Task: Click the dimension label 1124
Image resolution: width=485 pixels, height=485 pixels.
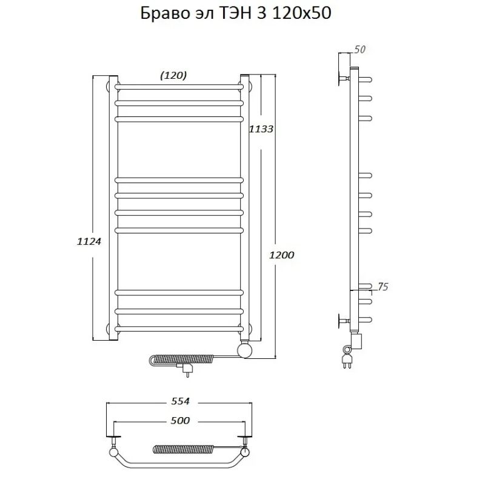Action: click(89, 241)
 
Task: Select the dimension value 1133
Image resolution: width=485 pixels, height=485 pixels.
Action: click(261, 129)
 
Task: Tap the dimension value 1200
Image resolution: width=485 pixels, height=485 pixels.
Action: click(282, 255)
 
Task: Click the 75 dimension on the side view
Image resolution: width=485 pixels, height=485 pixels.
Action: click(382, 287)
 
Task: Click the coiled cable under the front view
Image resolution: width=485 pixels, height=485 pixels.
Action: click(182, 359)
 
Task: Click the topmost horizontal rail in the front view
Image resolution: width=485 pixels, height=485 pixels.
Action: click(179, 87)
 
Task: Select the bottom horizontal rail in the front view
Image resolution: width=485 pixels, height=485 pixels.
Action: click(179, 329)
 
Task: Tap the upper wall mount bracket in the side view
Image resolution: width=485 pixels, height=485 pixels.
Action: click(339, 78)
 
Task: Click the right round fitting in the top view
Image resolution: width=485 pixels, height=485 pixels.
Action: click(245, 452)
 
